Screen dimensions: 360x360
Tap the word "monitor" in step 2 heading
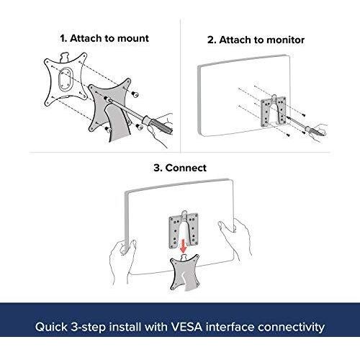tap(285, 40)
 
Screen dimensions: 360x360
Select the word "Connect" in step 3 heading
tap(186, 168)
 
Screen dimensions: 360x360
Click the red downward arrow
tap(184, 247)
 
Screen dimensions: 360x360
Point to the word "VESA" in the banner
tap(186, 327)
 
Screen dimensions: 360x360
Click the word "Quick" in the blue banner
tap(51, 327)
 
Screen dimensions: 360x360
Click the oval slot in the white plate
tap(65, 79)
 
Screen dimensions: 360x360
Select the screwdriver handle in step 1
tap(157, 125)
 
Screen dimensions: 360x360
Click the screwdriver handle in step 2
tap(313, 130)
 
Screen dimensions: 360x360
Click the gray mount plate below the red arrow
tap(185, 274)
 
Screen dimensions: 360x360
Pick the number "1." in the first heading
tap(63, 38)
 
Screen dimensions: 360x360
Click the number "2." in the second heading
tap(212, 40)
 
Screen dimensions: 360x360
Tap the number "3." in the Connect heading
tap(158, 168)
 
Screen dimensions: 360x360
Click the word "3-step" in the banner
tap(89, 328)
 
